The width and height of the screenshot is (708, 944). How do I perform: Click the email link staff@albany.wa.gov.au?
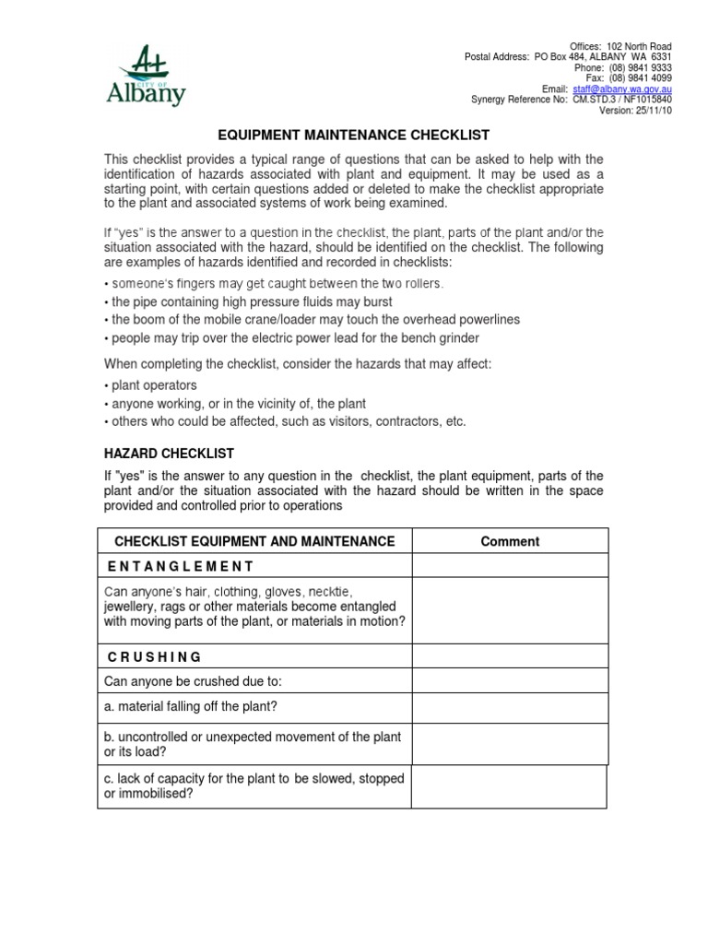click(x=620, y=89)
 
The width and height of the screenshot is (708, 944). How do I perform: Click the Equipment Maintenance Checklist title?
click(x=353, y=135)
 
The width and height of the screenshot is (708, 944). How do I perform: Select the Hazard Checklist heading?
click(x=169, y=454)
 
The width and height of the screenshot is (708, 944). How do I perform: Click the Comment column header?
click(x=510, y=542)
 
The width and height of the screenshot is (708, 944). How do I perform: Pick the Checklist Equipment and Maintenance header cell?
click(x=254, y=542)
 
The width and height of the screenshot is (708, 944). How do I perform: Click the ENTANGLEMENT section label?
click(x=180, y=566)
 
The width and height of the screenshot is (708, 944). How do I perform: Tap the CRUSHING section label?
click(x=154, y=656)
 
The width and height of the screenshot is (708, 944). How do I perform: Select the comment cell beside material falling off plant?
click(x=510, y=707)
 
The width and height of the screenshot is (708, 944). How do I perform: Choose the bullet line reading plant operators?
click(x=153, y=385)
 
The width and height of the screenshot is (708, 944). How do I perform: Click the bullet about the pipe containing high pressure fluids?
click(x=251, y=301)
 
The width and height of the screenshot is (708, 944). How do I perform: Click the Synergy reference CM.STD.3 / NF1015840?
click(x=622, y=100)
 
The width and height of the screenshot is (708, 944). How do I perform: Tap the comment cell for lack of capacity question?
click(x=510, y=786)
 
